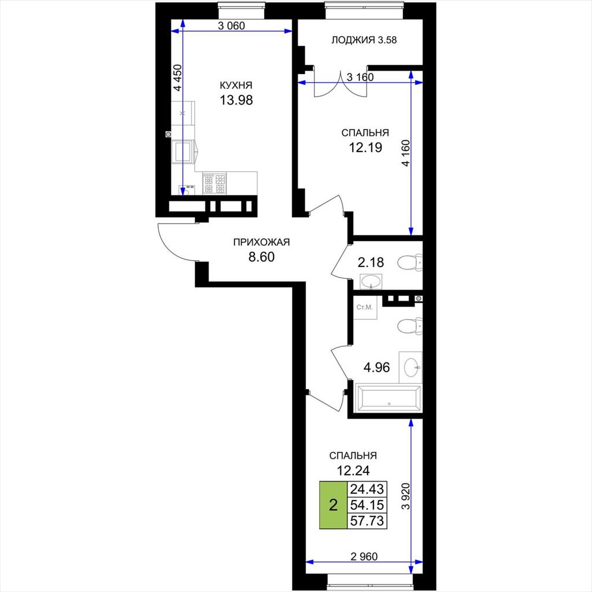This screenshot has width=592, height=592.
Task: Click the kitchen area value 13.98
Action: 236,100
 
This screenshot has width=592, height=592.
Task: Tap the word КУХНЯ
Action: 236,86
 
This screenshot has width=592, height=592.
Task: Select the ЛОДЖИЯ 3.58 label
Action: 364,40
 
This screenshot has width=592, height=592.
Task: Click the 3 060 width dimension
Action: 231,25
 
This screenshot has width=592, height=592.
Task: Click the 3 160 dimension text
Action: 360,77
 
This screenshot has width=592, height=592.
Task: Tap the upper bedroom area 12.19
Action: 365,147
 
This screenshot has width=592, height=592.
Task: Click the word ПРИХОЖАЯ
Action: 261,242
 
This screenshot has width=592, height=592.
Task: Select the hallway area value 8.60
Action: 261,257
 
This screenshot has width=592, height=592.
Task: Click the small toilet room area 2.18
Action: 371,262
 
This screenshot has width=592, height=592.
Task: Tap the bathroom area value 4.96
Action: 376,367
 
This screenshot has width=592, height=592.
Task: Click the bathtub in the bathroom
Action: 388,398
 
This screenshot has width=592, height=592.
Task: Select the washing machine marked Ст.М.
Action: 365,308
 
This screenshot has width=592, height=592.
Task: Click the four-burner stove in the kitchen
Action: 214,183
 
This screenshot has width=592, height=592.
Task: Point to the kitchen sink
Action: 183,152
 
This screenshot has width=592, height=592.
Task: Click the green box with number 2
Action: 333,505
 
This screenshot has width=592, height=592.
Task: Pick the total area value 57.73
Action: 367,521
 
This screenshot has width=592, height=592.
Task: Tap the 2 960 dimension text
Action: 364,556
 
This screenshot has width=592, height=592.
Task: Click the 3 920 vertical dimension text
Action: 406,496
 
